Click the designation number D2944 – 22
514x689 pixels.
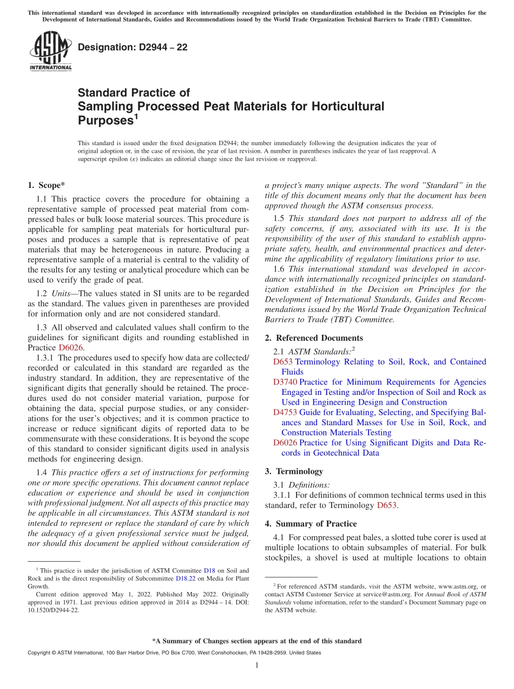[133, 47]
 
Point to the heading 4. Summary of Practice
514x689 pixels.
[311, 524]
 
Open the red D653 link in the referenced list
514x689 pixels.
[282, 362]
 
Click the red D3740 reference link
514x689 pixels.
[285, 382]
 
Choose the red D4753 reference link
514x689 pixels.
[285, 413]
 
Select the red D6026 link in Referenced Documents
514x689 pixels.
[285, 443]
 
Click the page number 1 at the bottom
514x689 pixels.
[257, 665]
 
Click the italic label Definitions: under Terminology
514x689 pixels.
[309, 485]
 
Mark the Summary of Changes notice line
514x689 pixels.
[257, 641]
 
